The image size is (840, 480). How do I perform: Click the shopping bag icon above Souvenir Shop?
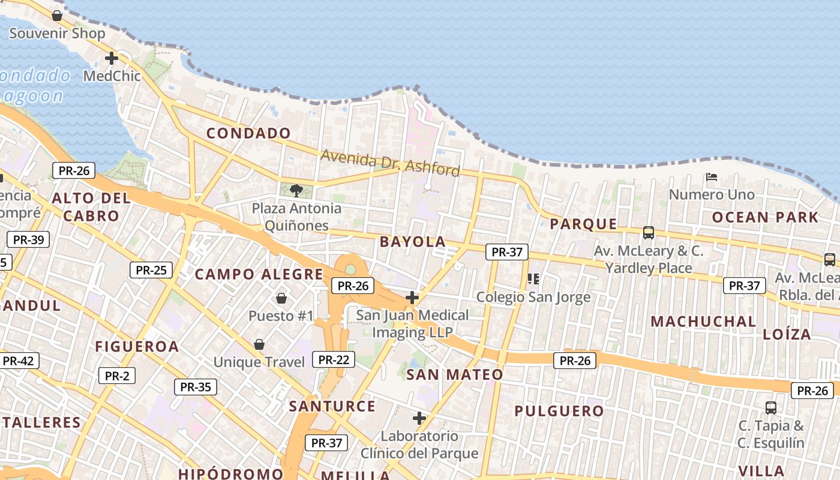[x=57, y=15]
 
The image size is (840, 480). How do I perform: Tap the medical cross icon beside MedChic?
[x=111, y=58]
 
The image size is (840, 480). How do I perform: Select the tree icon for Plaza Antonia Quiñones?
[x=296, y=191]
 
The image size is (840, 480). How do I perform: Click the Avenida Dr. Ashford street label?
[x=390, y=162]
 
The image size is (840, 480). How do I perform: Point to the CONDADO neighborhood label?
[x=248, y=133]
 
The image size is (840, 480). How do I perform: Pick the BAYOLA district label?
[x=413, y=242]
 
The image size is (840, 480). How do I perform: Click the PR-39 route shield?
[x=28, y=240]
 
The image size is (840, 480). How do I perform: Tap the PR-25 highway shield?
[x=151, y=270]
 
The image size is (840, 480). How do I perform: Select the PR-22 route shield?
[x=334, y=359]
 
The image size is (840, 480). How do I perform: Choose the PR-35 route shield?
[x=196, y=387]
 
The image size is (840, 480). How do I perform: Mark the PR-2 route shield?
[x=117, y=376]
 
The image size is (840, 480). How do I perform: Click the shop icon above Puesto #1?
[x=281, y=298]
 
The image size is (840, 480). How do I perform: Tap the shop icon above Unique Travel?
[x=259, y=344]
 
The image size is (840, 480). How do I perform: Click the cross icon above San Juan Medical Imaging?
[x=412, y=297]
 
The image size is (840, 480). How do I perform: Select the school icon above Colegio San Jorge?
[x=533, y=278]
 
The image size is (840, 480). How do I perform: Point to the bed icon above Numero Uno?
[x=712, y=177]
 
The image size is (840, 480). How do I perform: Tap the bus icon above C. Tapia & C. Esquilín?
[x=771, y=408]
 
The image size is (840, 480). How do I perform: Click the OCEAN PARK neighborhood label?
[x=765, y=217]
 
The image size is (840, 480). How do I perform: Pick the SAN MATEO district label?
[x=455, y=375]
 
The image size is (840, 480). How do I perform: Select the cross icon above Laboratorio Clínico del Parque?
[x=419, y=418]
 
